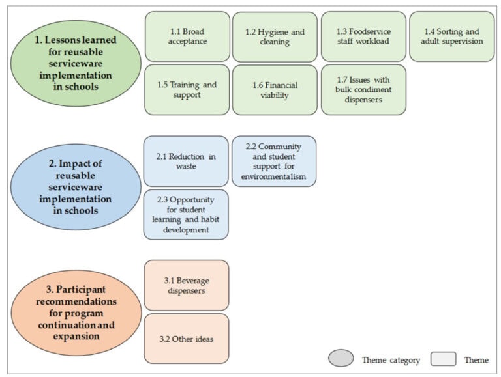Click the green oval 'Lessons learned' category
[76, 64]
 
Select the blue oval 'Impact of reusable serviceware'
[76, 187]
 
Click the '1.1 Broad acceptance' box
[187, 36]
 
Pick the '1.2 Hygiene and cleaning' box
[275, 36]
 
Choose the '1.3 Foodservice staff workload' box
[363, 36]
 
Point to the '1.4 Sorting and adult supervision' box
[452, 36]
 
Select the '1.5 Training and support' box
[187, 90]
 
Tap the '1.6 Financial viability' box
[275, 90]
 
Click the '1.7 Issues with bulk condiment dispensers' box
[363, 90]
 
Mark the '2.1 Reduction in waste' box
[186, 161]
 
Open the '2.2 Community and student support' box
[274, 161]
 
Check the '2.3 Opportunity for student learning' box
[186, 214]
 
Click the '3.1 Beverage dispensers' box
[186, 286]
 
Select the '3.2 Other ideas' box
[186, 339]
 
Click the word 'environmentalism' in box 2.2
[274, 176]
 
